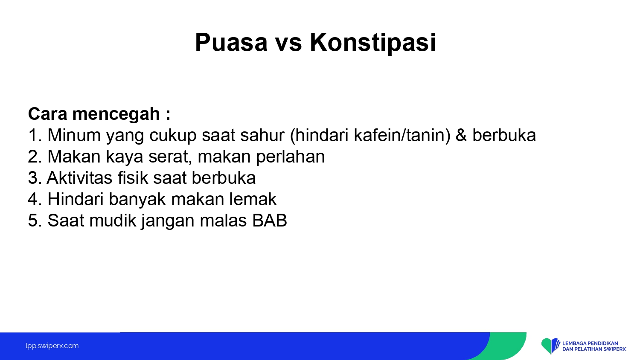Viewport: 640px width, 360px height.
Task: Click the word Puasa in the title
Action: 231,42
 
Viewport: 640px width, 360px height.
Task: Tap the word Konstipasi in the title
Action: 373,43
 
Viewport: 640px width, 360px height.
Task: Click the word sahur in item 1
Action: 262,135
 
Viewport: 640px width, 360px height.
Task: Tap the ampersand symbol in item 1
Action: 461,135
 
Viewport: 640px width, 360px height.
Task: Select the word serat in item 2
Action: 170,157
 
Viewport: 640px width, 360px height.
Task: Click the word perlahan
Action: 290,157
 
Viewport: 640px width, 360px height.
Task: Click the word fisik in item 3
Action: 133,177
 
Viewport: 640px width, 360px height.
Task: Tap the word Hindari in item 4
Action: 76,199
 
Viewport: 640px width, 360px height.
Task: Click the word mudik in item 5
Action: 113,220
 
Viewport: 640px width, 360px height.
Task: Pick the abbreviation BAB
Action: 269,221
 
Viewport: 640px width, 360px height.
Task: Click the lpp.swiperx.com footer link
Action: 52,346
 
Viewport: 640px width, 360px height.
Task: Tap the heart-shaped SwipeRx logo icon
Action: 550,346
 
